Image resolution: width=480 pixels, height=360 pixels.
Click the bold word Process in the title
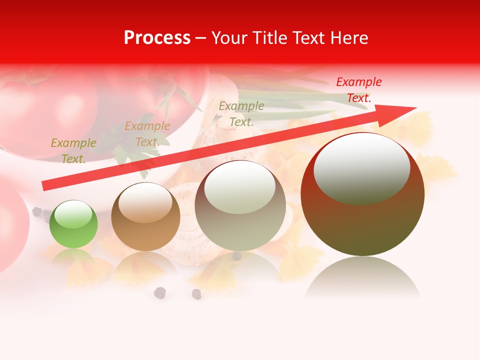(x=157, y=38)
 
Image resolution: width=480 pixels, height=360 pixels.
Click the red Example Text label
(x=358, y=90)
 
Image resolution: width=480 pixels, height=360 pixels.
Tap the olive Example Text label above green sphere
(x=73, y=150)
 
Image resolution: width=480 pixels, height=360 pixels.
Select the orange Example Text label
(x=147, y=133)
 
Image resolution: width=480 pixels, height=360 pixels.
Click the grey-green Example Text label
(x=241, y=113)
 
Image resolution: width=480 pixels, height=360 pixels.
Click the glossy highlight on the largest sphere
(x=361, y=167)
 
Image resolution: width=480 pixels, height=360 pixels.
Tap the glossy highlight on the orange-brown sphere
(x=145, y=202)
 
